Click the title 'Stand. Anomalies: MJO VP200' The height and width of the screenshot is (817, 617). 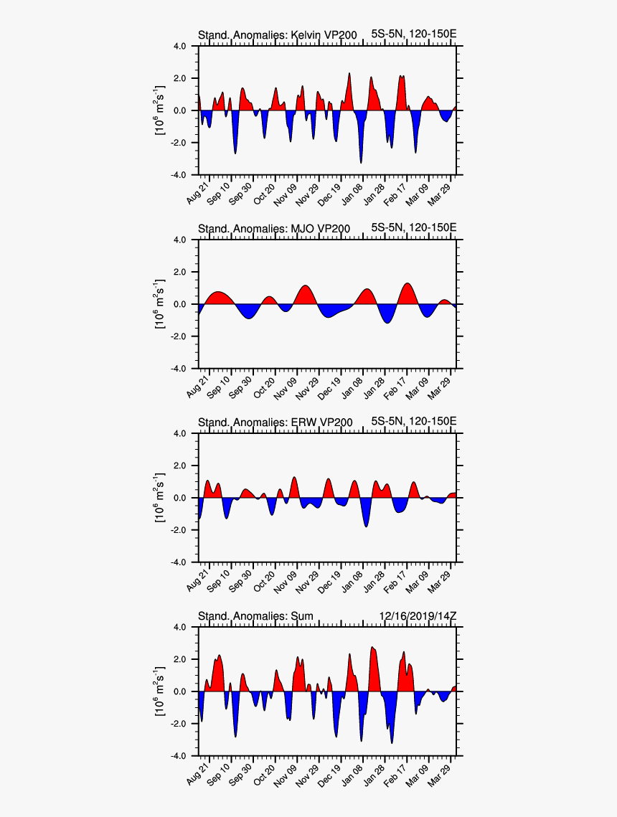[273, 229]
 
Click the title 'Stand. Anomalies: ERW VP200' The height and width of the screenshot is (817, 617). [275, 422]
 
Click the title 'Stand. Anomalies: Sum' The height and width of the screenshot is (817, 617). [255, 616]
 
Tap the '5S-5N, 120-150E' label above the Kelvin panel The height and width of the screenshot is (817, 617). [413, 34]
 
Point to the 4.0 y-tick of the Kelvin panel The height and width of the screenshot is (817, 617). [180, 46]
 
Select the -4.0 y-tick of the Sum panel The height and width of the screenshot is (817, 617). [179, 756]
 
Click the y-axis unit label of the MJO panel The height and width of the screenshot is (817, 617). [161, 304]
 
